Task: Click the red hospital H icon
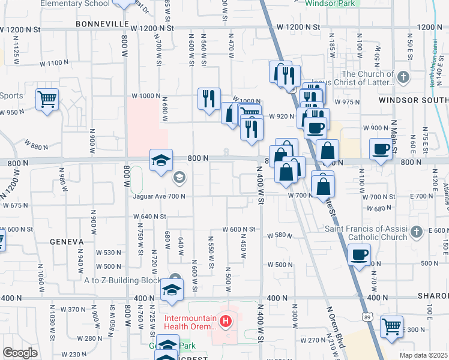click(x=226, y=322)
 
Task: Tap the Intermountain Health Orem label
click(x=190, y=322)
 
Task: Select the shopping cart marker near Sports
click(x=47, y=99)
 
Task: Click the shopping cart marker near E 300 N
click(x=391, y=328)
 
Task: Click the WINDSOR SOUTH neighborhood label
click(x=413, y=100)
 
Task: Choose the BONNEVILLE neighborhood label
click(x=102, y=23)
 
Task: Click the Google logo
click(x=20, y=353)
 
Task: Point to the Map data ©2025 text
click(x=423, y=355)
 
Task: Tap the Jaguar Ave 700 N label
click(x=158, y=196)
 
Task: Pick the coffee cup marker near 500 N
click(x=359, y=254)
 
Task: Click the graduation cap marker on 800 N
click(x=161, y=160)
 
